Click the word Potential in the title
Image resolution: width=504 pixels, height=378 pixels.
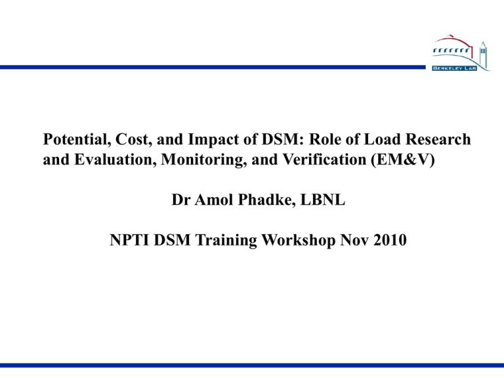[77, 140]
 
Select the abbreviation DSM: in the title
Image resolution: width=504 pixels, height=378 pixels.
[283, 140]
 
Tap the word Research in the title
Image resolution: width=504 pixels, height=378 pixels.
[438, 140]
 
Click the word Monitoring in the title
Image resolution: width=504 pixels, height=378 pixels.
[204, 159]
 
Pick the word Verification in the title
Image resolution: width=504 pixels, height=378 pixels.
[324, 159]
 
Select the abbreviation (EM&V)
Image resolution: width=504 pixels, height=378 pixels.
[403, 159]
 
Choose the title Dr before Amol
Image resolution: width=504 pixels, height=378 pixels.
[181, 200]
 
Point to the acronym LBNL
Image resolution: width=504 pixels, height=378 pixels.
[323, 200]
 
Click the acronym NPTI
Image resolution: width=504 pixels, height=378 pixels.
[129, 240]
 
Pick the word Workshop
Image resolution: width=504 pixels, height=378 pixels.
[299, 240]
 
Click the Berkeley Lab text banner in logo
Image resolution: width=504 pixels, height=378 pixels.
[455, 68]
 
